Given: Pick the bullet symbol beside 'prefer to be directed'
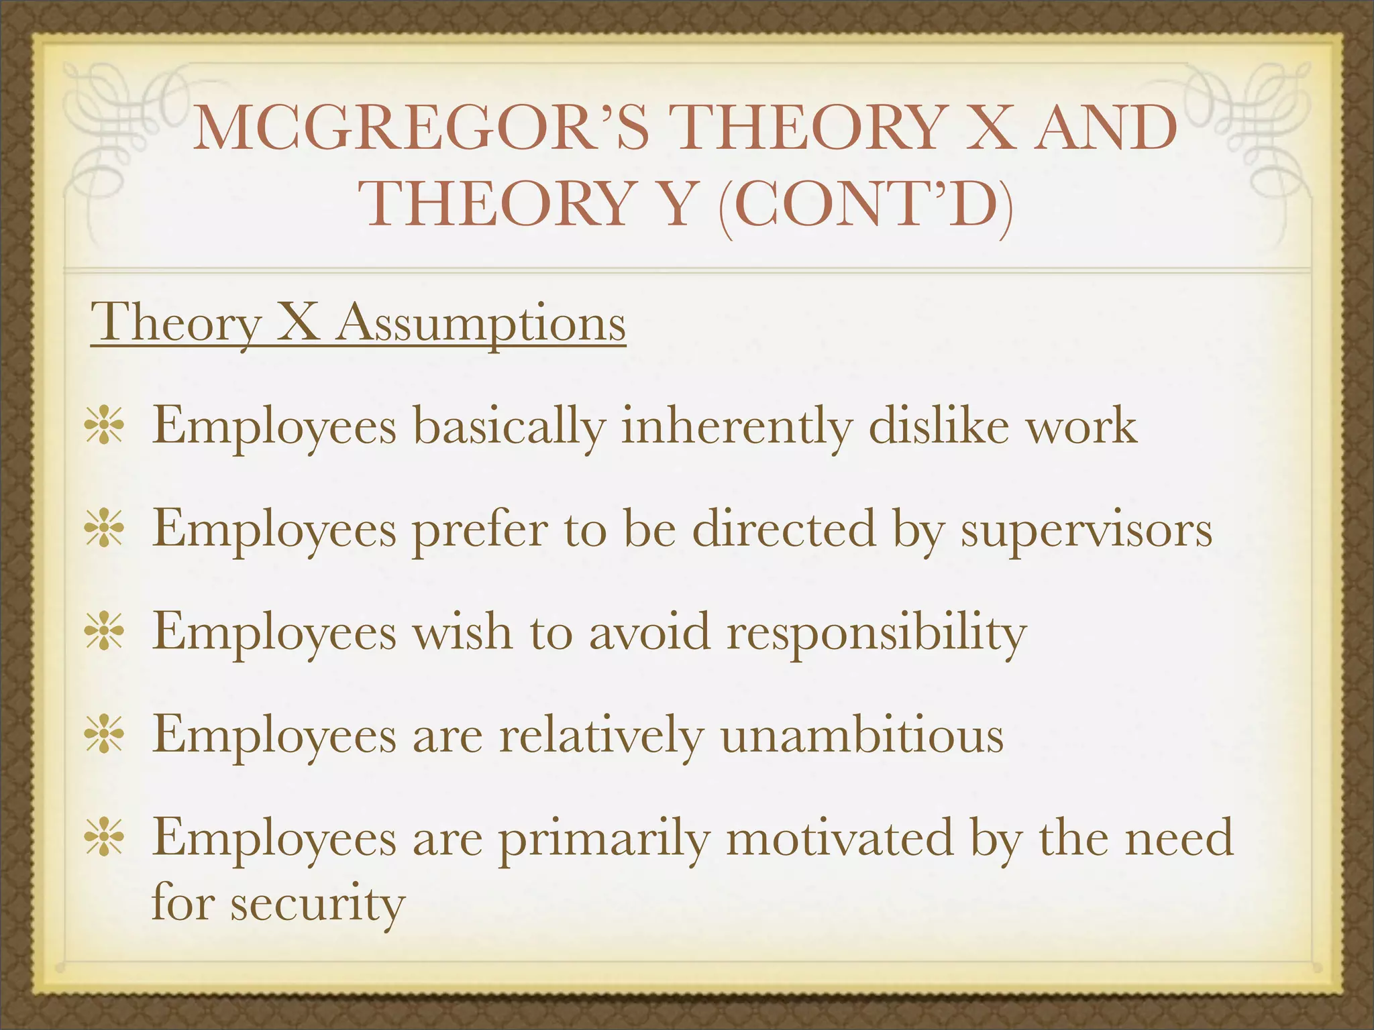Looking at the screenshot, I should [x=104, y=528].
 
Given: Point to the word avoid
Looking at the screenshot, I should [x=649, y=632].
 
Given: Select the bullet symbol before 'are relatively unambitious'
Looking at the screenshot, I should [x=104, y=735].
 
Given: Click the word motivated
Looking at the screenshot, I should [x=839, y=838].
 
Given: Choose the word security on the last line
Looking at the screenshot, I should [x=318, y=904].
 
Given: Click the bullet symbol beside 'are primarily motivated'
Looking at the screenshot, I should [x=104, y=838].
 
